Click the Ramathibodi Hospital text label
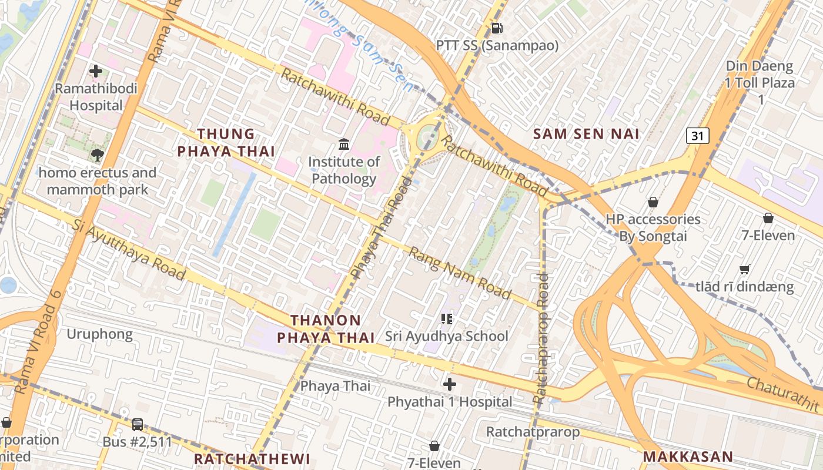tap(96, 97)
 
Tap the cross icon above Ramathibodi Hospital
tap(96, 72)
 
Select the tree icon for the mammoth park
tap(97, 155)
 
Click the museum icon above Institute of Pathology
tap(344, 144)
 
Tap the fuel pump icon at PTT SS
tap(497, 28)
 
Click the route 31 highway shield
tap(697, 136)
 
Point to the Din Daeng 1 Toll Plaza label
tap(760, 82)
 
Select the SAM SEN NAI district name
tap(586, 134)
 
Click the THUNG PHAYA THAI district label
tap(226, 143)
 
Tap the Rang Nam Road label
tap(459, 273)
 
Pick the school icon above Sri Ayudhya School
tap(447, 319)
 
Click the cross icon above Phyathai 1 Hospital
tap(450, 385)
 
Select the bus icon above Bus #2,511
tap(138, 424)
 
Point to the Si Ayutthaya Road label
tap(129, 250)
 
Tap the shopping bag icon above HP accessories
tap(653, 202)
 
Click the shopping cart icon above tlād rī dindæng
tap(745, 270)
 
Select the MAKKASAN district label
tap(688, 457)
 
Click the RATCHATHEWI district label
tap(252, 459)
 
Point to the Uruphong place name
tap(99, 334)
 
